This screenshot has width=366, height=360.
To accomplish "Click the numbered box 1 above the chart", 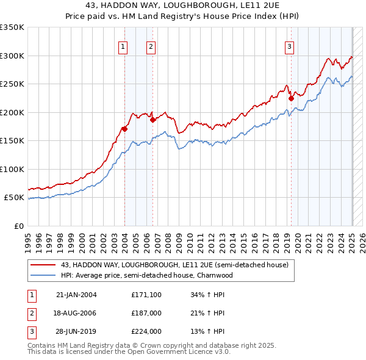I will pos(123,46).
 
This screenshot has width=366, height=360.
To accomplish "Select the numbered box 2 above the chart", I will pos(151,46).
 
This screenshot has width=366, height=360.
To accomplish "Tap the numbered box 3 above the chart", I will pos(289,46).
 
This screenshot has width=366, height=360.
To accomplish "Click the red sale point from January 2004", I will pos(124,129).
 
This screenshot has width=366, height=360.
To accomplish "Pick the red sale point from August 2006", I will pos(152,120).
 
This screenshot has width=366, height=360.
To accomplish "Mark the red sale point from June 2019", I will pos(291,98).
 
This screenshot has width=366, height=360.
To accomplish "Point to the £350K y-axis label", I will pos(12,27).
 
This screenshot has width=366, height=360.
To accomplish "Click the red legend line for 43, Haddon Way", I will pos(43,265).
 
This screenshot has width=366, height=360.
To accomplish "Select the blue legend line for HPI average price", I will pos(43,275).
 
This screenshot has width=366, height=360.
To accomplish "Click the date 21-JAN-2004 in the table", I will pos(76,295).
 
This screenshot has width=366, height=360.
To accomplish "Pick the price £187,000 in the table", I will pos(146,313).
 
